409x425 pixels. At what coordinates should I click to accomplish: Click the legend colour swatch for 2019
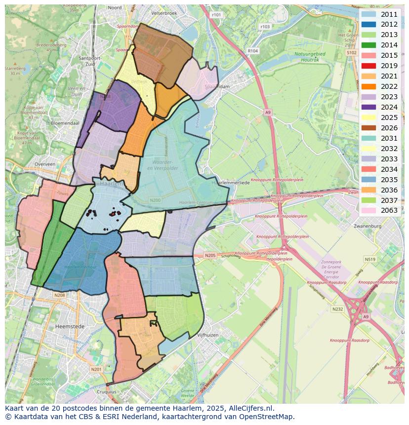click(x=368, y=66)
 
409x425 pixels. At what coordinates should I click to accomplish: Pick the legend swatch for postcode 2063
click(x=368, y=211)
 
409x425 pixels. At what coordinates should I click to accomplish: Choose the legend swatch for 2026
click(x=368, y=128)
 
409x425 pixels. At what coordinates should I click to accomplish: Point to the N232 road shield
click(x=338, y=309)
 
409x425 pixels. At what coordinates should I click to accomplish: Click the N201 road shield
click(x=96, y=369)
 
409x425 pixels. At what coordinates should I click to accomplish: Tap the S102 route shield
click(x=352, y=52)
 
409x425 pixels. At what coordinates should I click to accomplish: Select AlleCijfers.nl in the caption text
click(x=250, y=409)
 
